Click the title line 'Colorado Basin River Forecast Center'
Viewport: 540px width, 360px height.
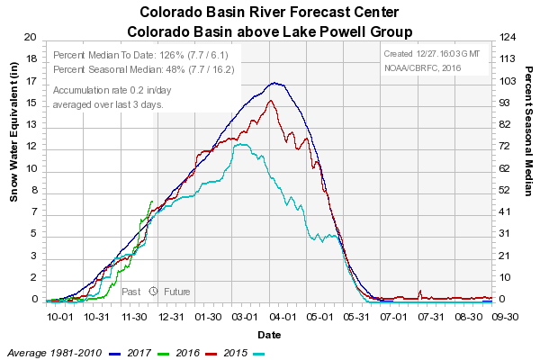(270, 13)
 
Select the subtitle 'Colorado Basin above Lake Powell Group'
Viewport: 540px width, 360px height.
(270, 31)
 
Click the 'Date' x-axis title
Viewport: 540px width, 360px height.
(268, 334)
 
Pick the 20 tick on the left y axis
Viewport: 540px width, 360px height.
(31, 38)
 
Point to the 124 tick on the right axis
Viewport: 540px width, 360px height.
(508, 38)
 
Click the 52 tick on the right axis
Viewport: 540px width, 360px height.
(508, 190)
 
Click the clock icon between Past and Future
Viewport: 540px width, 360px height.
(153, 292)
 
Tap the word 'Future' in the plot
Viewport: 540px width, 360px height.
(176, 292)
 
